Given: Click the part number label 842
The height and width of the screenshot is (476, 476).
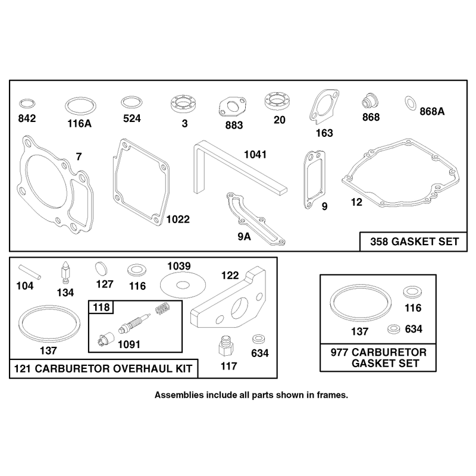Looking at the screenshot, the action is (27, 118).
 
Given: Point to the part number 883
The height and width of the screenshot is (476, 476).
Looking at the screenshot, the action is (234, 125).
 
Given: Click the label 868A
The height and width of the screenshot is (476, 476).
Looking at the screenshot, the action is (432, 111).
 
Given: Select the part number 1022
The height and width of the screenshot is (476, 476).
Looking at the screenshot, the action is (178, 219).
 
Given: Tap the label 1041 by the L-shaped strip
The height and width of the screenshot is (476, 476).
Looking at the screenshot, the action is (255, 155).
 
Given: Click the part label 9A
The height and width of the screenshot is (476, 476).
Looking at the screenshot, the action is (244, 236).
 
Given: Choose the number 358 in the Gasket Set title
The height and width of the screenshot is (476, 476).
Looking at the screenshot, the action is (379, 242).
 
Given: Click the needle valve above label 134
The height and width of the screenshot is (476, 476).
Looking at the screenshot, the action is (65, 273).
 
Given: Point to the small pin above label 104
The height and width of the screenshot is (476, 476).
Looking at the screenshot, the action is (29, 272).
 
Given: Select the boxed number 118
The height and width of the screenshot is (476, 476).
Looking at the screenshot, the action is (101, 307).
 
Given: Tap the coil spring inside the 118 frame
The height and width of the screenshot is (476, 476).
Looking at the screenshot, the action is (162, 308).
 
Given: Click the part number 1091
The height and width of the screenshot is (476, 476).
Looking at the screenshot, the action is (129, 345).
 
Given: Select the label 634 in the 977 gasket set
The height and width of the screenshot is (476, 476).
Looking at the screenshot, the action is (414, 329).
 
